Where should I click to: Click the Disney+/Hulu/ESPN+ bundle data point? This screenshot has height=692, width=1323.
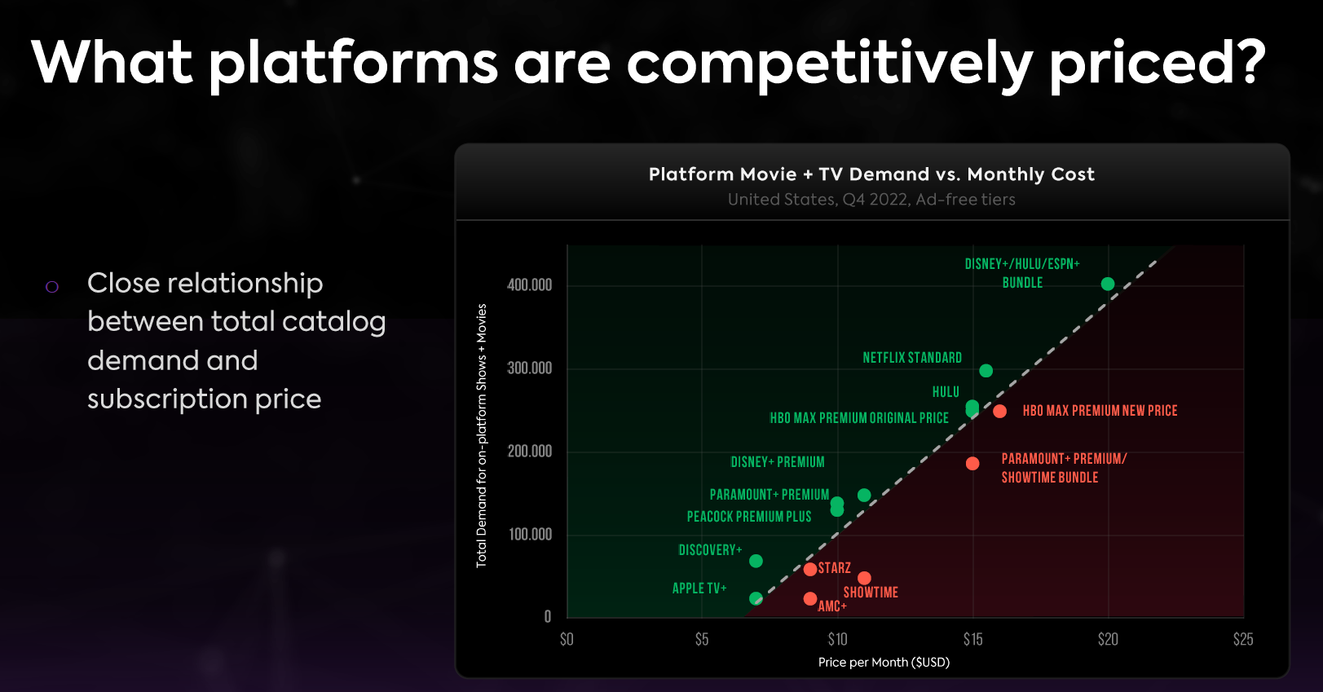pos(1107,284)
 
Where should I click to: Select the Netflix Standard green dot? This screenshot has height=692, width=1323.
pos(986,371)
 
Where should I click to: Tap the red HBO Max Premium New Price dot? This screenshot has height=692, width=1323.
pos(999,411)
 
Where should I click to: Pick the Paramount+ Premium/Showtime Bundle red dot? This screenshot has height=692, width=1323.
pos(972,464)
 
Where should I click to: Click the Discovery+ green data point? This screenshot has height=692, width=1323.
pos(756,561)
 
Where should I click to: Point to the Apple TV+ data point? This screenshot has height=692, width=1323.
pos(756,598)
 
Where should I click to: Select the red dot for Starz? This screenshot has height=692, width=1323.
pos(809,569)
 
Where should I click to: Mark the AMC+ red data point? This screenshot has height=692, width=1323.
pos(809,598)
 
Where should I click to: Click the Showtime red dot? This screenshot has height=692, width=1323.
pos(864,578)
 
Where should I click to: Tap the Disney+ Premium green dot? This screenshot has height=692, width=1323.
pos(864,495)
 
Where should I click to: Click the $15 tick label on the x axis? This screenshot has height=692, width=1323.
pos(972,639)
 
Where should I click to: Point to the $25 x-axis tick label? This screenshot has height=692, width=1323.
pos(1242,639)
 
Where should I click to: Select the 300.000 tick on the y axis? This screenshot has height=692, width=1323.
pos(529,368)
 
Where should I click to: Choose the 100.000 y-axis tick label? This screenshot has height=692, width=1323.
pos(529,535)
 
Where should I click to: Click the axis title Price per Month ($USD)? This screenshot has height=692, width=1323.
pos(884,662)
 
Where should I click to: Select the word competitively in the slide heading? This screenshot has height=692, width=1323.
pos(829,64)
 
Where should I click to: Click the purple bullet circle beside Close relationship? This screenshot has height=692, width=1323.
pos(52,287)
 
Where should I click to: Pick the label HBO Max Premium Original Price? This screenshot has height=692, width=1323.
pos(859,418)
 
